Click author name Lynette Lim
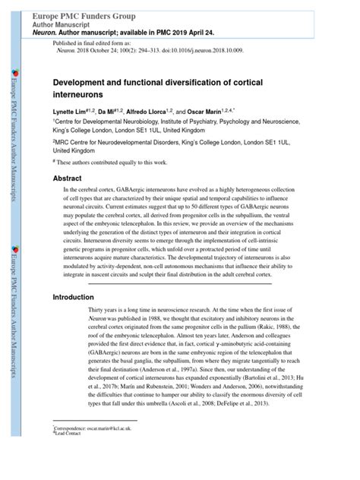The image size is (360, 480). click(69, 111)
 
